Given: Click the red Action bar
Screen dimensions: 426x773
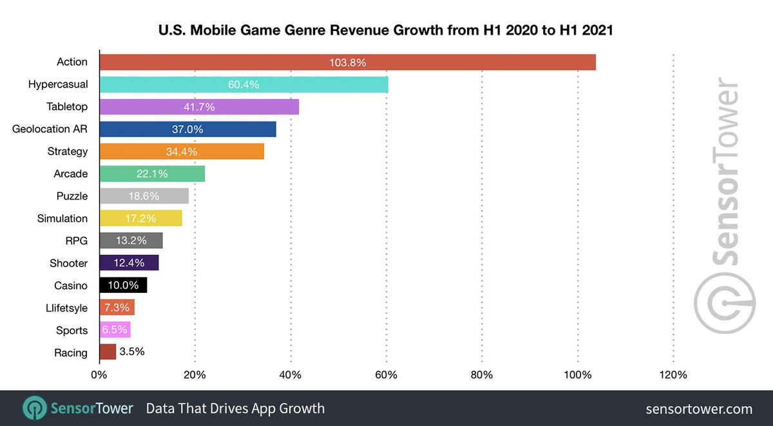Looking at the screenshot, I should click(347, 62).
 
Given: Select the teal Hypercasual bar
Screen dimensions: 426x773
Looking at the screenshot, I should click(243, 84).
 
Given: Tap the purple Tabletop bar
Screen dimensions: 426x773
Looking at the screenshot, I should click(199, 107).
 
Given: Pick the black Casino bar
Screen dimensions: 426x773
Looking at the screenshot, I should click(123, 285).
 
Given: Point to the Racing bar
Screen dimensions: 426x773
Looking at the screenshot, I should click(108, 352).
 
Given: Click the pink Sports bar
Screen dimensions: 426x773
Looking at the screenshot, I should click(115, 330).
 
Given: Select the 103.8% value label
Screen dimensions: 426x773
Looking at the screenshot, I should click(347, 62).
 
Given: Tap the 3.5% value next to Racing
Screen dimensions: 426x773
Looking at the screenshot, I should click(132, 352).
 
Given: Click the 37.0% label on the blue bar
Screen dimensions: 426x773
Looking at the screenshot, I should click(187, 129).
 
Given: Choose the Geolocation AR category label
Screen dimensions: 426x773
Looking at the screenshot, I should click(50, 129).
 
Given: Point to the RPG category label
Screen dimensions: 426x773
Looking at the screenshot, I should click(76, 241).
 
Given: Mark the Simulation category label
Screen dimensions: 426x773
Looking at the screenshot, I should click(62, 218).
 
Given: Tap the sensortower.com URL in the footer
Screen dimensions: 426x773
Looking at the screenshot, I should click(698, 409).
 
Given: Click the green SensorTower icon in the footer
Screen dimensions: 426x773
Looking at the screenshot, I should click(33, 409).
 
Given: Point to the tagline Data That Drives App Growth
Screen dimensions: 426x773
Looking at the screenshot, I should click(235, 409).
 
